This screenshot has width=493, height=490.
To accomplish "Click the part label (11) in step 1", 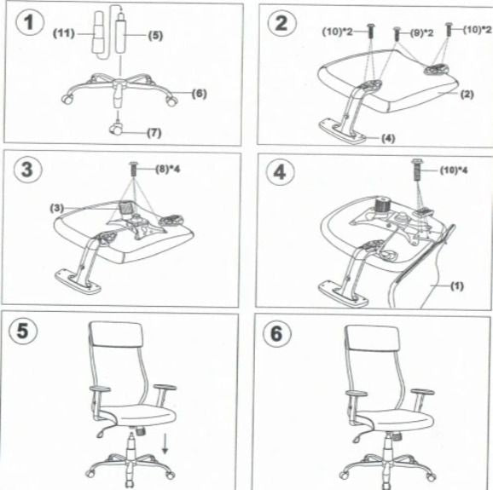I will coord(65,33).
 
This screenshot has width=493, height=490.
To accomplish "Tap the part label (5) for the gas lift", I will coord(154,36).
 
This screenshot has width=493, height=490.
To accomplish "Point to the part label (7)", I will coord(154,133).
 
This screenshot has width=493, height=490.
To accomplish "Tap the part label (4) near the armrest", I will coord(387,136).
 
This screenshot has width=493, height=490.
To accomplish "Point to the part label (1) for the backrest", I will coord(456,286).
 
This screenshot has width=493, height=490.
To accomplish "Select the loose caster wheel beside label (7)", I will coord(116,130).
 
